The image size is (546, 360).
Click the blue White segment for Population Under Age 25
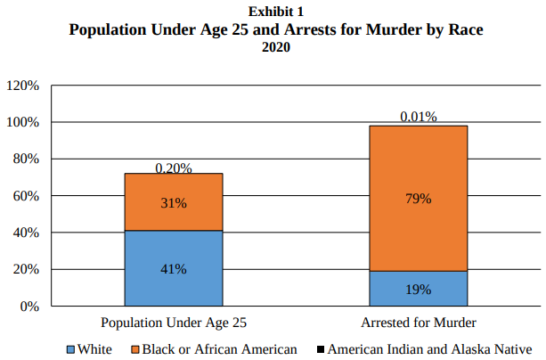point(174,268)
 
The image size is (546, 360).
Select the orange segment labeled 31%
point(174,202)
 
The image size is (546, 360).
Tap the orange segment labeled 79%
point(419,198)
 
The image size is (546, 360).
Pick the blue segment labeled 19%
point(419,289)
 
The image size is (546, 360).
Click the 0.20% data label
point(174,168)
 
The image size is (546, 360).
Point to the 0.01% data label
point(419,118)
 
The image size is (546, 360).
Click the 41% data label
point(174,269)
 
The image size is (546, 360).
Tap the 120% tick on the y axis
point(22,86)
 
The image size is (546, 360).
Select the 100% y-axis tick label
point(22,122)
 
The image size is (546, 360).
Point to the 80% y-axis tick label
point(25,159)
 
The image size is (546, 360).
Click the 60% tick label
point(25,196)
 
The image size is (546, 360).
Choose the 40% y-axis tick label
point(25,233)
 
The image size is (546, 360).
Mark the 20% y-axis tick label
point(25,269)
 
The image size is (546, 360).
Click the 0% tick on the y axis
point(29,306)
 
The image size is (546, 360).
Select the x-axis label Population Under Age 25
point(174,322)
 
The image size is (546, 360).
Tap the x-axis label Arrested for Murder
point(419,322)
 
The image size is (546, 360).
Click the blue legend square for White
point(71,349)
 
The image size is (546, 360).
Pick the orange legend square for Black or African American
point(135,349)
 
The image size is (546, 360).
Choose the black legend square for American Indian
point(320,349)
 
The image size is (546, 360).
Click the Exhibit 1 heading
point(276,11)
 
